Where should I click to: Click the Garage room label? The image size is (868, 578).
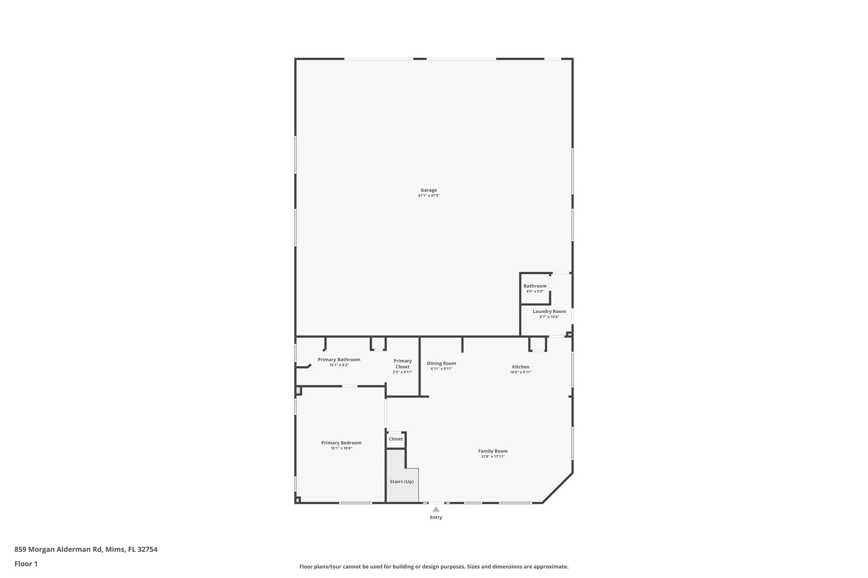[x=428, y=190]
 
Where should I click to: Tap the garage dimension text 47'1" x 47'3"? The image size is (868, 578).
[x=428, y=196]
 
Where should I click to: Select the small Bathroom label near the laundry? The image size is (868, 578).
[x=535, y=286]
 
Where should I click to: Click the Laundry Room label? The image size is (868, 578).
[x=549, y=311]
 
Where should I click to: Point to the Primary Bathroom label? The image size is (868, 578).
[x=339, y=360]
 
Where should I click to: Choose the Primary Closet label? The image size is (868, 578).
[x=402, y=364]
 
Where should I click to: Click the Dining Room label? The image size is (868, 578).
[x=441, y=363]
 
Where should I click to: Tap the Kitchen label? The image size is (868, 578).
[x=520, y=367]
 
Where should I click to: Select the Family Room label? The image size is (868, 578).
[x=492, y=451]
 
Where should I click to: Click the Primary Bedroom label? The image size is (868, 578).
[x=341, y=442]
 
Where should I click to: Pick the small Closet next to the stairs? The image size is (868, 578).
[x=395, y=439]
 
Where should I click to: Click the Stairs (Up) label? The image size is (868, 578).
[x=401, y=481]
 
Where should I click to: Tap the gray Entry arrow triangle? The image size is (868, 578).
[x=436, y=509]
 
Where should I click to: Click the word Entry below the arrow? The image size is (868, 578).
[x=436, y=517]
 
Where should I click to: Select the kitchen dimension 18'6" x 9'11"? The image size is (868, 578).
[x=520, y=372]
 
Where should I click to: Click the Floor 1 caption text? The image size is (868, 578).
[x=26, y=564]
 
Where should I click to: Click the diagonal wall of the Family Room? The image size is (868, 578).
[x=557, y=488]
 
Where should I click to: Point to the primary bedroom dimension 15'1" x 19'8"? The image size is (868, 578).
[x=341, y=448]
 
